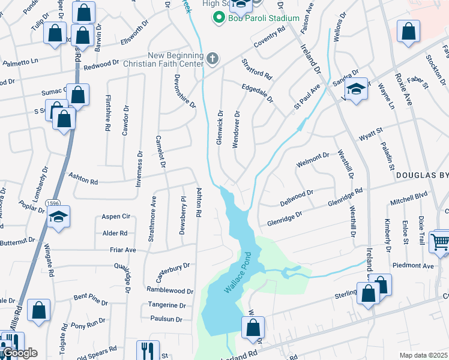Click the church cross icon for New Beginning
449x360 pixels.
pyautogui.click(x=211, y=58)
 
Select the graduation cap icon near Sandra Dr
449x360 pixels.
pyautogui.click(x=357, y=89)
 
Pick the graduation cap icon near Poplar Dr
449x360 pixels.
pyautogui.click(x=60, y=217)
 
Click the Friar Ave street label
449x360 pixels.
pyautogui.click(x=122, y=250)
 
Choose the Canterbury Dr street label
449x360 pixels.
pyautogui.click(x=173, y=265)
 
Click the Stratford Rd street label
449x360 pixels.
pyautogui.click(x=257, y=69)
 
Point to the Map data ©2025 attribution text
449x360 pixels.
pyautogui.click(x=424, y=356)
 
